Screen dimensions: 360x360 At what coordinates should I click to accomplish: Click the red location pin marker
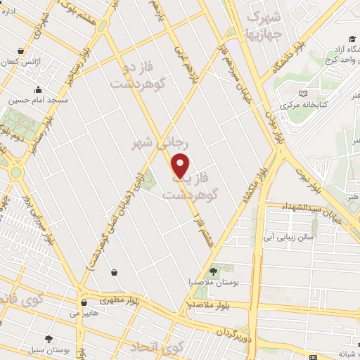pos(181,165)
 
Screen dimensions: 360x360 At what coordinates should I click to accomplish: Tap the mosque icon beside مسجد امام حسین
pos(37,91)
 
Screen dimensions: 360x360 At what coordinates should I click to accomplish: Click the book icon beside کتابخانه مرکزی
pos(304,94)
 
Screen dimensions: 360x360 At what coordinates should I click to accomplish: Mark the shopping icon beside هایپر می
pos(86,303)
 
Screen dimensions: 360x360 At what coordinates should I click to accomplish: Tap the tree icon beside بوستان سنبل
pos(49,338)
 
